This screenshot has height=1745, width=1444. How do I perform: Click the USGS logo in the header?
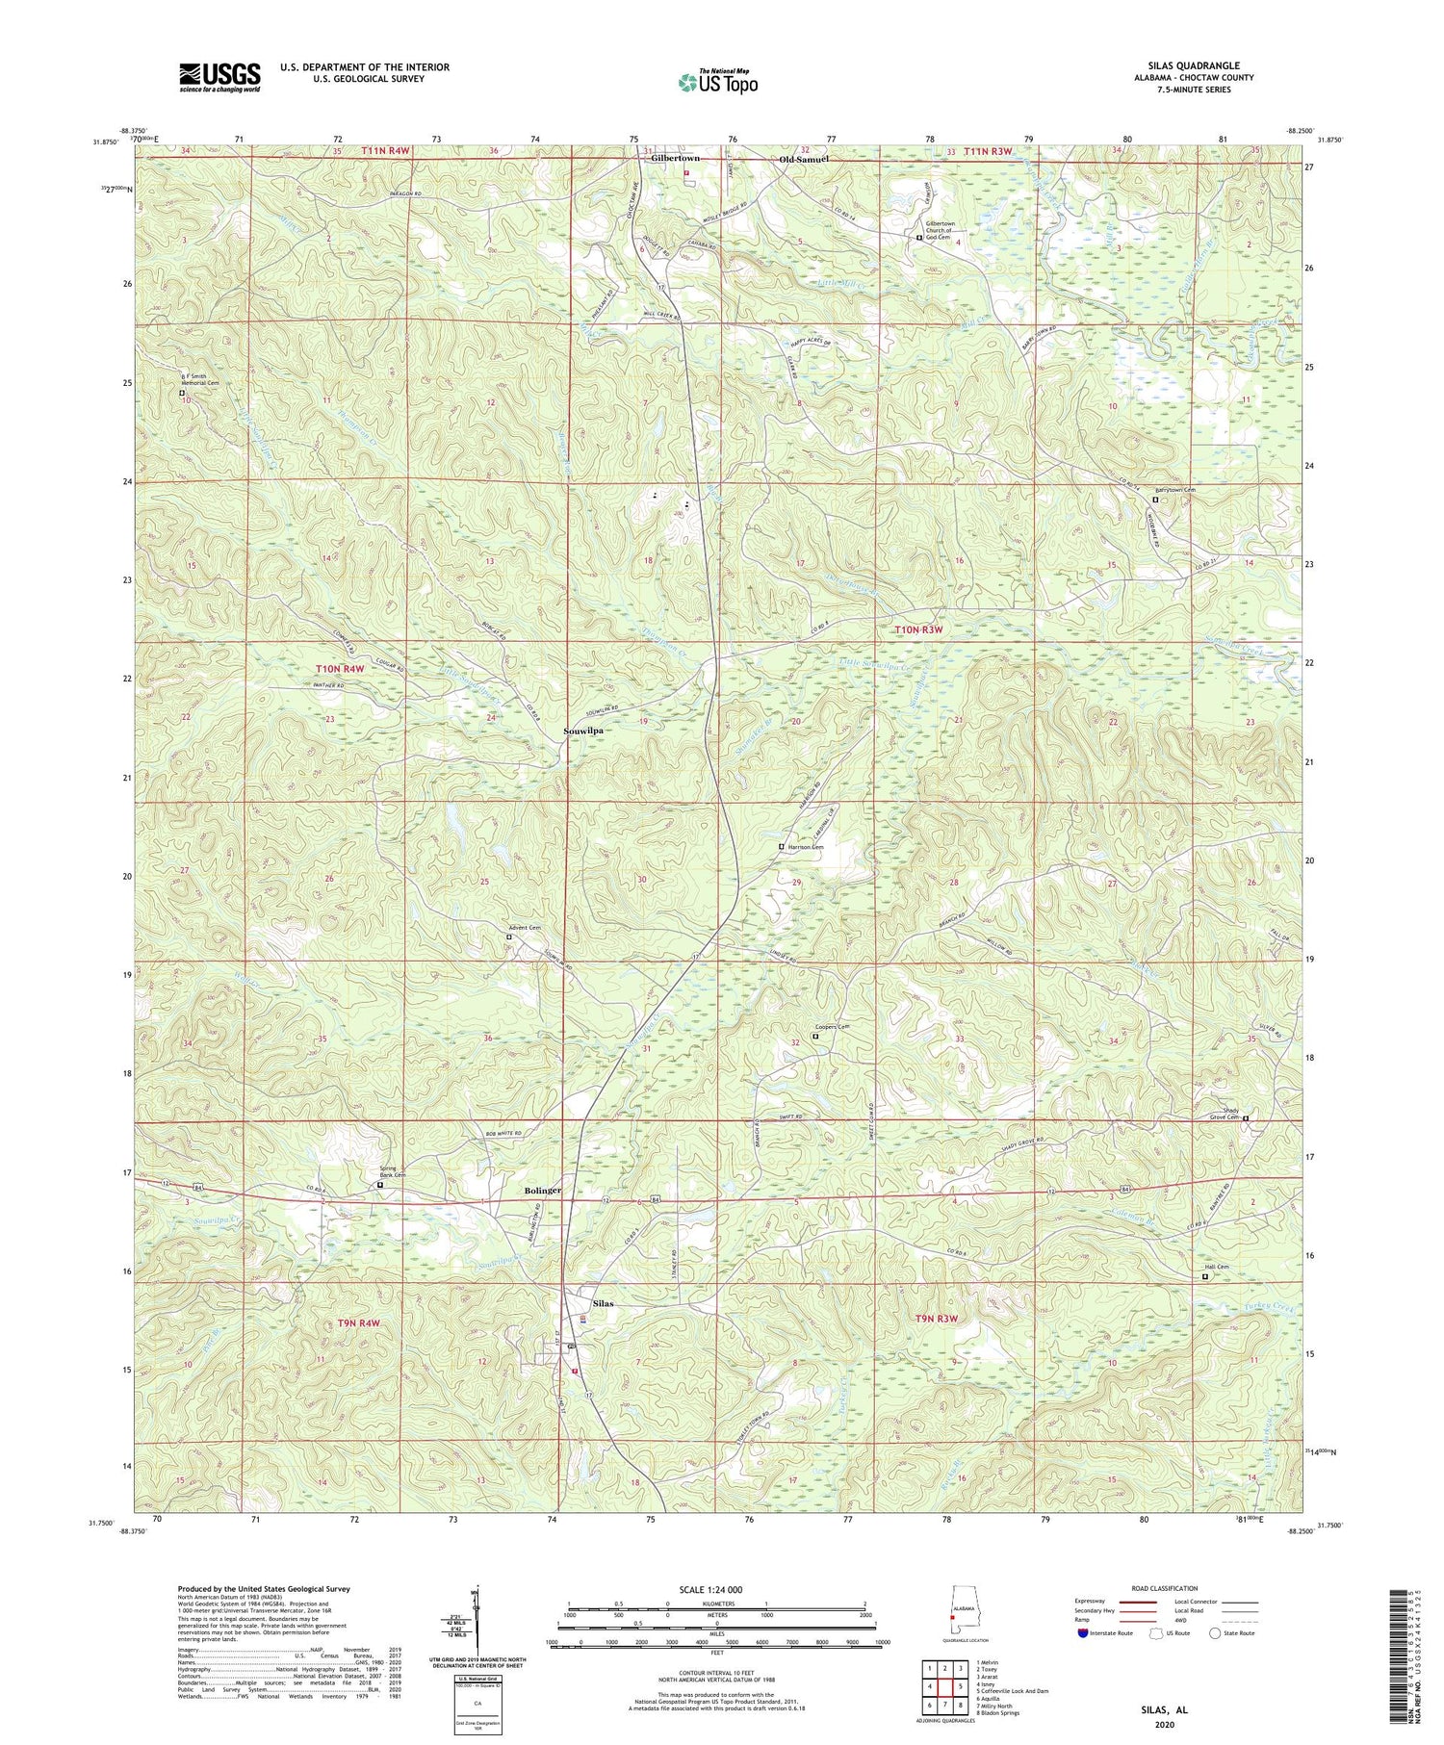(x=219, y=77)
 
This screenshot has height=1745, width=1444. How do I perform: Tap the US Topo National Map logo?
(x=717, y=83)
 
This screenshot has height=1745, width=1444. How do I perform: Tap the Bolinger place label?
(x=542, y=1191)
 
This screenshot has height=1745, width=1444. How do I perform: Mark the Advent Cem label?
(x=525, y=928)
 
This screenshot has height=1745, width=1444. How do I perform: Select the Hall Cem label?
(x=1217, y=1267)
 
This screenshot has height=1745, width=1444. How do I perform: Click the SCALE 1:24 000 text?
(x=717, y=1589)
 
